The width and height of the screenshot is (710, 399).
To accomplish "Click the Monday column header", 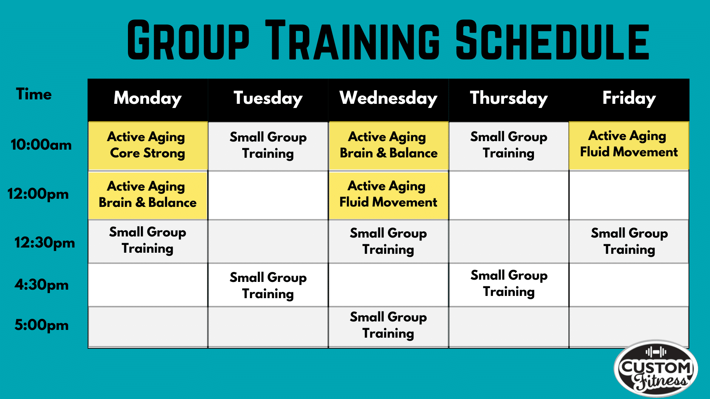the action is pyautogui.click(x=148, y=98).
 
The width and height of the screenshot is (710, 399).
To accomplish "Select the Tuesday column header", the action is pyautogui.click(x=268, y=98).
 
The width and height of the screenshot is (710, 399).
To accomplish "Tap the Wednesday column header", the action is pyautogui.click(x=388, y=98).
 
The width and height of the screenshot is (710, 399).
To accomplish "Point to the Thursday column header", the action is pyautogui.click(x=509, y=98).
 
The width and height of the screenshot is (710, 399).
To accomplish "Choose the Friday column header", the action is pyautogui.click(x=629, y=98).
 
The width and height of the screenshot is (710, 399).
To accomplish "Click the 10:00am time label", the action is pyautogui.click(x=41, y=144).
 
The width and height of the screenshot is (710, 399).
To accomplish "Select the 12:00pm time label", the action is pyautogui.click(x=38, y=194).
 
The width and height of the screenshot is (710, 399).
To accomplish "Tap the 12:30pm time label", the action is pyautogui.click(x=44, y=243).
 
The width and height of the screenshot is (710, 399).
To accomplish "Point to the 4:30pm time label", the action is pyautogui.click(x=41, y=285).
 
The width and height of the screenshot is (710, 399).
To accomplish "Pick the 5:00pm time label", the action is pyautogui.click(x=41, y=325).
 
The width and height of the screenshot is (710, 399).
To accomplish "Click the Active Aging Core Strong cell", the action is pyautogui.click(x=148, y=146).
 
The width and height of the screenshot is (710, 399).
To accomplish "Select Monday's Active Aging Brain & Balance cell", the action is pyautogui.click(x=148, y=195).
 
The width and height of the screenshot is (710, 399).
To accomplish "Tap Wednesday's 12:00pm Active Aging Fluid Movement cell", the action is pyautogui.click(x=388, y=195).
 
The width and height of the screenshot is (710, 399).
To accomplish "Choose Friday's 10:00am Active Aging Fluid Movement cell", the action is pyautogui.click(x=629, y=146).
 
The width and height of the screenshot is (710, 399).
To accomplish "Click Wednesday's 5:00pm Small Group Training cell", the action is pyautogui.click(x=388, y=327).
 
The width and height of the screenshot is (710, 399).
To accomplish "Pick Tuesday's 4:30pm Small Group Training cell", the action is pyautogui.click(x=268, y=285).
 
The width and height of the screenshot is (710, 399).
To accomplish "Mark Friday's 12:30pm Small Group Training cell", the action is pyautogui.click(x=629, y=242).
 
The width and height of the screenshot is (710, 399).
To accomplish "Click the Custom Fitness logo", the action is pyautogui.click(x=656, y=369).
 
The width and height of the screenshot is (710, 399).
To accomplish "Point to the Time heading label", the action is pyautogui.click(x=34, y=94).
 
